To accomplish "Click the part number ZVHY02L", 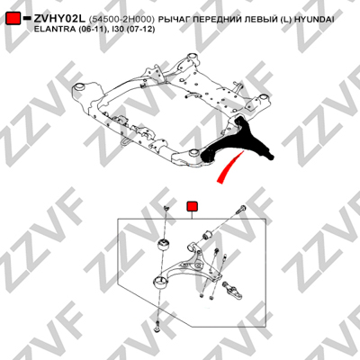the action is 60,19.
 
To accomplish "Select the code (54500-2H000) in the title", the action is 121,20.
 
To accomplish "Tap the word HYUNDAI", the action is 314,20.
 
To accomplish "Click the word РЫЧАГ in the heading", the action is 174,20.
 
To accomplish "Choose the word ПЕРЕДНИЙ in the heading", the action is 214,20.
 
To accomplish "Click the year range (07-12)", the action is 141,30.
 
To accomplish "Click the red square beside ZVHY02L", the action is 13,18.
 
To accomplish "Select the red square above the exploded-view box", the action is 192,206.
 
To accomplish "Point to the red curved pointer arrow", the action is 229,166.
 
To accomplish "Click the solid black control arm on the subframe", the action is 237,141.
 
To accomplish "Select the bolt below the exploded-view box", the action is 156,327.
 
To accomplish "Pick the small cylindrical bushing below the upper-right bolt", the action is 207,234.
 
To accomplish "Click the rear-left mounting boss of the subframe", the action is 79,87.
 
